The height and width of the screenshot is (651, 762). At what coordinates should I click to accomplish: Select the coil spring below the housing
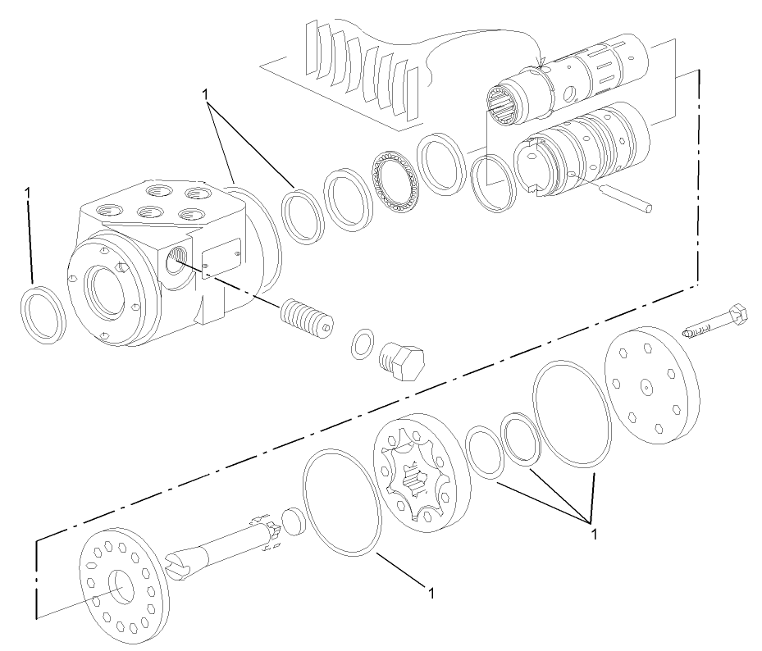pos(305,316)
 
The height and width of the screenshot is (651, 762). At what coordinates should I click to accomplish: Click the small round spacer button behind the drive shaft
pos(294,521)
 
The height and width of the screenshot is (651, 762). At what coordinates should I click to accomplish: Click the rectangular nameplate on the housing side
pos(221,259)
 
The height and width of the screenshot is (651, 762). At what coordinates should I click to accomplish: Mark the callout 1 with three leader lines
pos(593,533)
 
